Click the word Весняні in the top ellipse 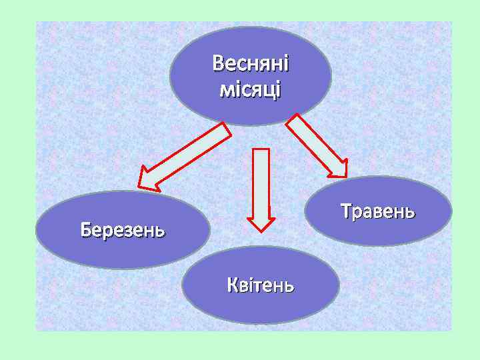(251, 65)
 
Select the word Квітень (259, 286)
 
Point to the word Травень (377, 211)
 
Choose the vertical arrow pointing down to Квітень (261, 187)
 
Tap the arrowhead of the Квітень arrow (261, 221)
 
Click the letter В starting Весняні (218, 65)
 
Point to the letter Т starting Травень (345, 211)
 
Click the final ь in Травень (411, 213)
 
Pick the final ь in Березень (160, 232)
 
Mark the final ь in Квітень (289, 287)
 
